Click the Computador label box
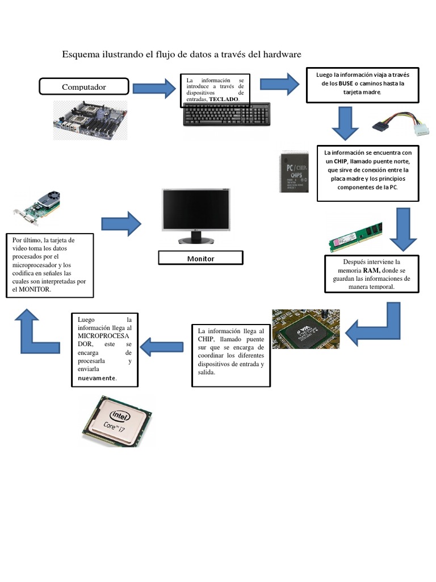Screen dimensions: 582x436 (83, 87)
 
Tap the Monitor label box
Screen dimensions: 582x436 (200, 259)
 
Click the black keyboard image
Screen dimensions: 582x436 (227, 115)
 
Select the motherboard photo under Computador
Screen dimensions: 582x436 (90, 120)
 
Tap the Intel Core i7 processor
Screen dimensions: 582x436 (116, 421)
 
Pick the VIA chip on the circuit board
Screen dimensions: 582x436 (305, 329)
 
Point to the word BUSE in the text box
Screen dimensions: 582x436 (345, 84)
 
